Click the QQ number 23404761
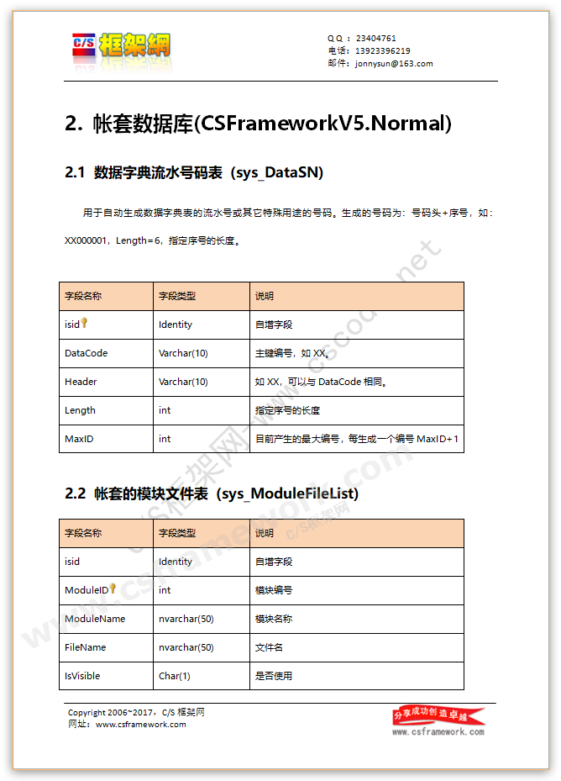[x=376, y=38]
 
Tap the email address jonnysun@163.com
[x=395, y=63]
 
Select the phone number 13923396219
[x=383, y=50]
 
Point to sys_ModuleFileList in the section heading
[x=288, y=493]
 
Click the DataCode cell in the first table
[x=86, y=353]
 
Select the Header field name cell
[x=81, y=382]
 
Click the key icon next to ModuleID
[x=113, y=588]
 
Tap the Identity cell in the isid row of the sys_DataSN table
[x=175, y=325]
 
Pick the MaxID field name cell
[x=80, y=439]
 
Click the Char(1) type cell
[x=174, y=676]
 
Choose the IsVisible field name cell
[x=83, y=676]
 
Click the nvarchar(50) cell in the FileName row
[x=186, y=647]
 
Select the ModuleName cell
[x=95, y=619]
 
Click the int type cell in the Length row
[x=165, y=410]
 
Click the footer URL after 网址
[x=141, y=725]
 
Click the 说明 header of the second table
[x=264, y=533]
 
